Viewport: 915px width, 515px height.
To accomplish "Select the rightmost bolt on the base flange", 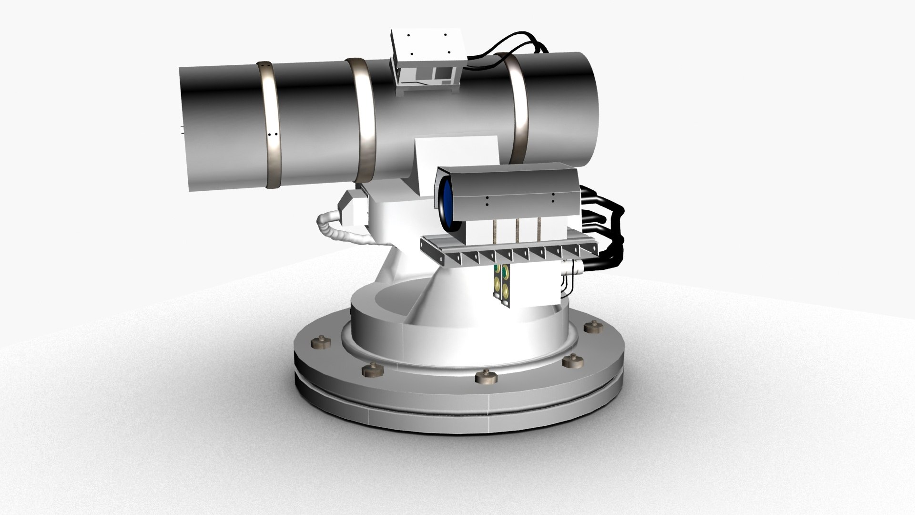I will (x=592, y=328).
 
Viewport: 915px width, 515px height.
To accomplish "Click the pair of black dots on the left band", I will (x=273, y=134).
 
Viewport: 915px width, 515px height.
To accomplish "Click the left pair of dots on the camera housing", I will (x=487, y=200).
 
